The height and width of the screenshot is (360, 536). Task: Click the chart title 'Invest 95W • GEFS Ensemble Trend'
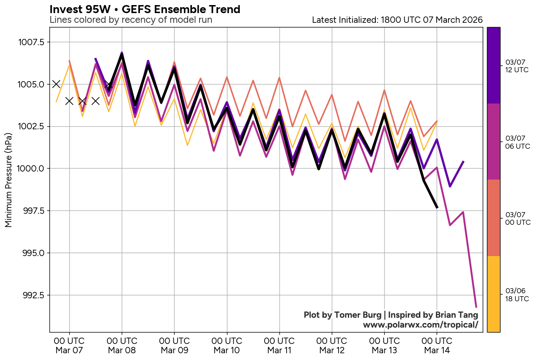click(145, 9)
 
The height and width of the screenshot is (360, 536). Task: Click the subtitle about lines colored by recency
click(131, 20)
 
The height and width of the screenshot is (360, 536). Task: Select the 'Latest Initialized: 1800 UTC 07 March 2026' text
click(397, 20)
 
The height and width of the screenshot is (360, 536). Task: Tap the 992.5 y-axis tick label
click(33, 295)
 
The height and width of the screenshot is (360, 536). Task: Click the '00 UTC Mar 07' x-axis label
click(69, 345)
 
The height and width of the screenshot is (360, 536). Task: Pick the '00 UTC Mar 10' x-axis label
click(227, 345)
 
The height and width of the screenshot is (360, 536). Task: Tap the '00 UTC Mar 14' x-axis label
click(437, 345)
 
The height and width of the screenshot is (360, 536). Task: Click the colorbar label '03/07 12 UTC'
click(517, 66)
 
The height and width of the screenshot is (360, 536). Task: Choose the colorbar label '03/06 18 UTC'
click(517, 295)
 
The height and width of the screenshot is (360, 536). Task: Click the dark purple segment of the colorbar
click(494, 65)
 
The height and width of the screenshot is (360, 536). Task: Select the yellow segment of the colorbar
click(494, 294)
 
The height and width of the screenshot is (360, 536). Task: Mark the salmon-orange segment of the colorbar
click(494, 218)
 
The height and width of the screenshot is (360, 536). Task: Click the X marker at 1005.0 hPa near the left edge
click(56, 84)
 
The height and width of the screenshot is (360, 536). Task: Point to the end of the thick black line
click(437, 207)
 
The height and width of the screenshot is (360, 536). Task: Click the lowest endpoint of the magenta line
click(476, 307)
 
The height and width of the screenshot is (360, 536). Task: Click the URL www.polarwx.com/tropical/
click(420, 325)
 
